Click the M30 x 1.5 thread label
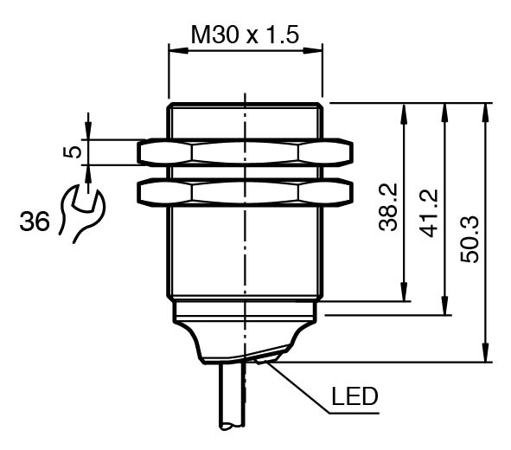245,35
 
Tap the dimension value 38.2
388,208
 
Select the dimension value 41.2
428,214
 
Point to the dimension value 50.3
469,239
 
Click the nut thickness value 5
73,152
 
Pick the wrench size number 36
35,222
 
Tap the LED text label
355,396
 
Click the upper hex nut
245,152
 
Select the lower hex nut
245,192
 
